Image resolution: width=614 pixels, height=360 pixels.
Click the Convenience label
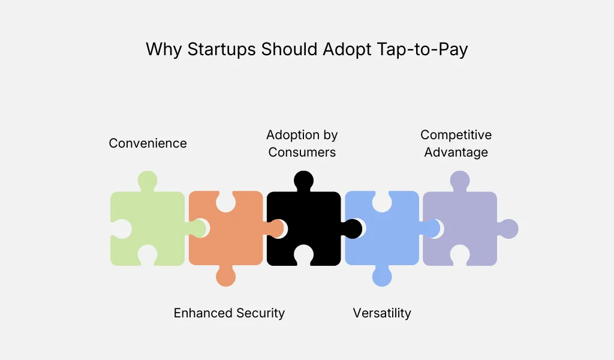point(148,143)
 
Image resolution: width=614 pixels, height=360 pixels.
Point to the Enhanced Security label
point(229,313)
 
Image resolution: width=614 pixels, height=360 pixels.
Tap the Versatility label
point(382,313)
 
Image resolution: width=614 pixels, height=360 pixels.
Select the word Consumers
point(302,152)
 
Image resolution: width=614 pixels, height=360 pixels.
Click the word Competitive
point(456,134)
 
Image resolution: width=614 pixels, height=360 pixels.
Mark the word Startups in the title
point(221,49)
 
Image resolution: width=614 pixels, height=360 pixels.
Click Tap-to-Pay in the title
point(423,49)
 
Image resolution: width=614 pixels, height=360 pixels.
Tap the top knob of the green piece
point(148,180)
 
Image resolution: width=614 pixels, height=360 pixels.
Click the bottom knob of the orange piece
point(225,277)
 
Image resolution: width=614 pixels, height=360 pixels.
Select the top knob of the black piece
point(303,180)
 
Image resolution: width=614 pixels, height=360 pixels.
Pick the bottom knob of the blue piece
point(382,277)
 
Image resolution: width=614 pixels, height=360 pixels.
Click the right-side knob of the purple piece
point(509,229)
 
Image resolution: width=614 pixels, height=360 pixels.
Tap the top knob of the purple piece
point(460,180)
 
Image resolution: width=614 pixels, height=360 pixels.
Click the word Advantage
point(456,152)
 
